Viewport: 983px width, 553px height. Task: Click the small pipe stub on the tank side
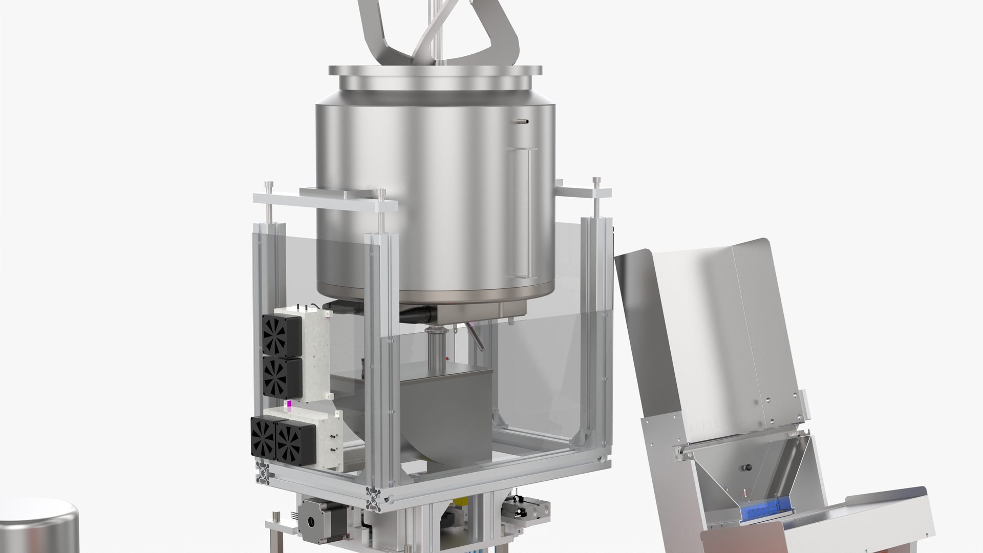coord(523,121)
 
